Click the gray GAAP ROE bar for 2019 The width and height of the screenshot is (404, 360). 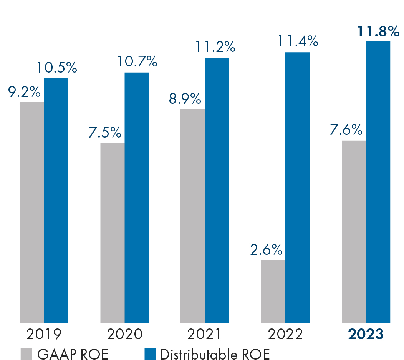[x=32, y=212]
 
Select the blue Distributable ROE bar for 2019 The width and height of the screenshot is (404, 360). [x=56, y=200]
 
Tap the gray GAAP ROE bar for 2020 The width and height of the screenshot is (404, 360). [x=112, y=232]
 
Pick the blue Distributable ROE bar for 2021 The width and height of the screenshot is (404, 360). [x=217, y=190]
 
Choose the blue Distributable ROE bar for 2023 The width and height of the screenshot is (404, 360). [x=378, y=181]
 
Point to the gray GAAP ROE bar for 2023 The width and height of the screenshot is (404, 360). [x=354, y=231]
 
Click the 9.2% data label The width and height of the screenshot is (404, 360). [x=24, y=93]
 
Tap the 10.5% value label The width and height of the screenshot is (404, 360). [x=57, y=68]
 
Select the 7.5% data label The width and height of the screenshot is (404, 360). [x=105, y=133]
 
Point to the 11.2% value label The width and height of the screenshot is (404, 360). [x=215, y=47]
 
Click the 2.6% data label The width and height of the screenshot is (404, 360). [x=266, y=250]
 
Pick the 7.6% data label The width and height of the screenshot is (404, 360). [x=346, y=130]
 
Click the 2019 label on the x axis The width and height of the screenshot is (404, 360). [x=44, y=334]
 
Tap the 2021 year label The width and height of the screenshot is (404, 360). [x=204, y=334]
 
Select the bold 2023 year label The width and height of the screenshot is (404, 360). [x=366, y=334]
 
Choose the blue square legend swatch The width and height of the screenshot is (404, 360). [x=151, y=354]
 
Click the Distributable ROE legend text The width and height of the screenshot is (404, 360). [x=215, y=354]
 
